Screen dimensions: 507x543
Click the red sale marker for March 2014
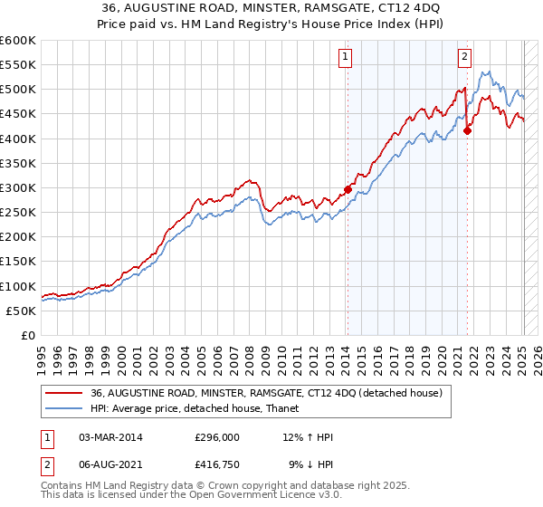348,190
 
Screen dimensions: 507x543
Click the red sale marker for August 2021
468,130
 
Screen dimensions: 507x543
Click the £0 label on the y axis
30,335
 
